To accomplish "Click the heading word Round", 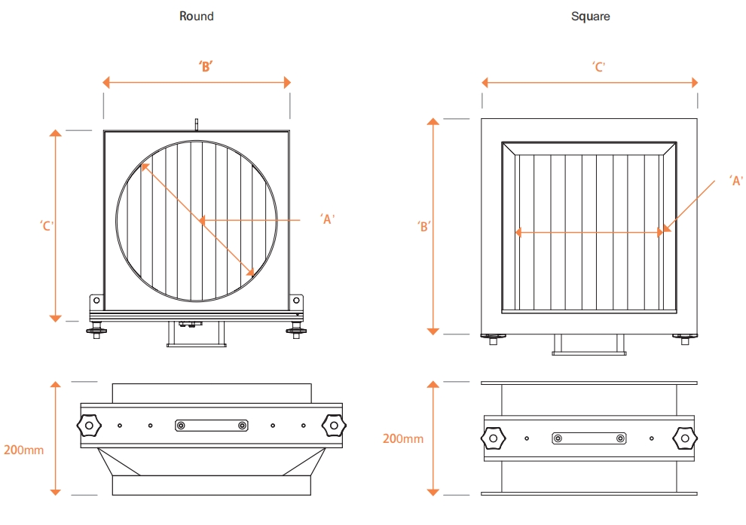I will click(196, 16).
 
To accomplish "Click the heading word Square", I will click(590, 16).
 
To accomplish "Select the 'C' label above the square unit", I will click(599, 67).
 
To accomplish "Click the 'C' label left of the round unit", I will click(47, 225).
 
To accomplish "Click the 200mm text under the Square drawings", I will click(402, 438).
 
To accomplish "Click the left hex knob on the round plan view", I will click(89, 426).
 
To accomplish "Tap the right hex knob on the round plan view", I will click(332, 426).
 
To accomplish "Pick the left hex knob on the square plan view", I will click(493, 438).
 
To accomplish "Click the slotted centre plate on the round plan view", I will click(211, 426).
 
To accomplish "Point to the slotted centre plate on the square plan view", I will click(589, 438).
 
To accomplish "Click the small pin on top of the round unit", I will click(196, 124).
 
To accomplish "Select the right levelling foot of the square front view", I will click(684, 338).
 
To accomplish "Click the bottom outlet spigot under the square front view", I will click(589, 345).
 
